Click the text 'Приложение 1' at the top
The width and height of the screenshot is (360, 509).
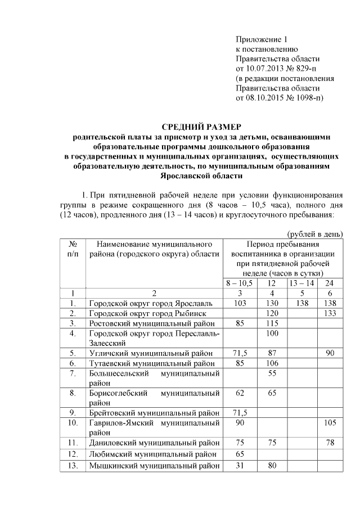click(x=262, y=39)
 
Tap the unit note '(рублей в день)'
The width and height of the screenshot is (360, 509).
click(x=315, y=234)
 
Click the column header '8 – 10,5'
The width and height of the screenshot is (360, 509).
click(x=240, y=282)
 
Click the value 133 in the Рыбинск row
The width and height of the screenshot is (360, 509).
click(x=330, y=313)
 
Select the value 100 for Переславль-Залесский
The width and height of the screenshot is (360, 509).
click(x=272, y=334)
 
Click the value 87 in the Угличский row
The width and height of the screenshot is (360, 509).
click(x=272, y=353)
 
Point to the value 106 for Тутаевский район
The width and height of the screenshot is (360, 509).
click(x=272, y=363)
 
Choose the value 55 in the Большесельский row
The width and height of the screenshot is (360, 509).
click(x=272, y=373)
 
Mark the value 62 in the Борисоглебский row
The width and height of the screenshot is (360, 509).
click(x=240, y=393)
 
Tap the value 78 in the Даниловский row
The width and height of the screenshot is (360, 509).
click(x=330, y=443)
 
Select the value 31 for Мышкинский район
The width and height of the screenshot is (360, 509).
click(x=240, y=465)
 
